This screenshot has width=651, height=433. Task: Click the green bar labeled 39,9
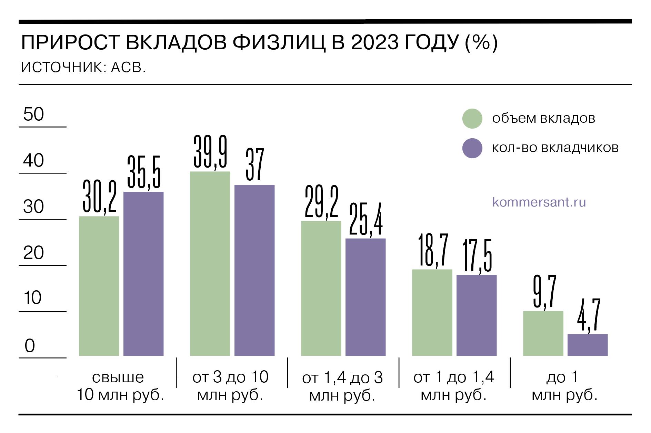[x=210, y=264]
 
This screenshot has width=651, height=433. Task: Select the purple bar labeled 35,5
[x=143, y=274]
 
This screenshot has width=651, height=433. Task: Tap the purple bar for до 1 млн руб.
[x=588, y=345]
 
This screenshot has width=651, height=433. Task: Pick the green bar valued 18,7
[x=432, y=312]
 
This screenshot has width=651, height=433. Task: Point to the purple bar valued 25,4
[x=365, y=297]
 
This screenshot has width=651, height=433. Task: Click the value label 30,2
[x=100, y=197]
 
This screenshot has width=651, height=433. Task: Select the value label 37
[x=255, y=165]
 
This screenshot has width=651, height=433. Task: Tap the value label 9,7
[x=544, y=292]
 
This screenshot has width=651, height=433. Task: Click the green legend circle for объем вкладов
[x=472, y=119]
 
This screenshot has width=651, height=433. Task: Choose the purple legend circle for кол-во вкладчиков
[x=472, y=148]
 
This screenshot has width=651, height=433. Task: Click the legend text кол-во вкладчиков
[x=555, y=148]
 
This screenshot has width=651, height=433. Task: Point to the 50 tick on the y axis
[x=33, y=114]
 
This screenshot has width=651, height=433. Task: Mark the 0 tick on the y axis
[x=30, y=346]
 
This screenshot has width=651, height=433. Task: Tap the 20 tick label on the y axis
[x=33, y=253]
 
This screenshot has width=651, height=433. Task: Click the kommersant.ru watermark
[x=539, y=202]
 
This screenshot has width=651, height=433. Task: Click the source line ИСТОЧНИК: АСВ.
[x=83, y=68]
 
